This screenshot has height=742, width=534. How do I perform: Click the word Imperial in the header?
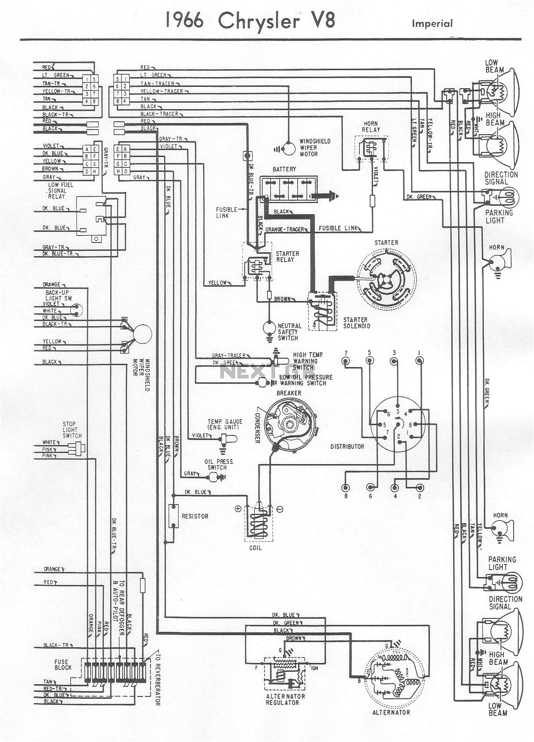pos(432,23)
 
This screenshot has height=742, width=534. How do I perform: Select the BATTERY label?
pos(284,170)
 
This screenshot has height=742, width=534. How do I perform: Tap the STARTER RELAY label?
pos(287,256)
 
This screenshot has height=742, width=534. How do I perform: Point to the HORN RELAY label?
pos(371,126)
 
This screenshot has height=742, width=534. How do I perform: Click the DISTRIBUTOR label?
pos(347,447)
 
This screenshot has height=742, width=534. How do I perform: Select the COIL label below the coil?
pos(255,548)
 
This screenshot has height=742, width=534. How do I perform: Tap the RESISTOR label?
pos(195,516)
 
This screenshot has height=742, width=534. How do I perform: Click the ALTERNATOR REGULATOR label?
pos(286,699)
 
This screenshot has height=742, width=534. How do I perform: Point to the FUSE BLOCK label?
pos(63,664)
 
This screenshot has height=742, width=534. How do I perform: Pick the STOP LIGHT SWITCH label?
pos(72,430)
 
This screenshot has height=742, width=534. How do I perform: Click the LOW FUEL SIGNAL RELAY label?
pos(58,190)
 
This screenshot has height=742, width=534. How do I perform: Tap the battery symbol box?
pos(288,188)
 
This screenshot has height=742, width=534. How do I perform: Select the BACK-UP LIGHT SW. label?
pos(59,295)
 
